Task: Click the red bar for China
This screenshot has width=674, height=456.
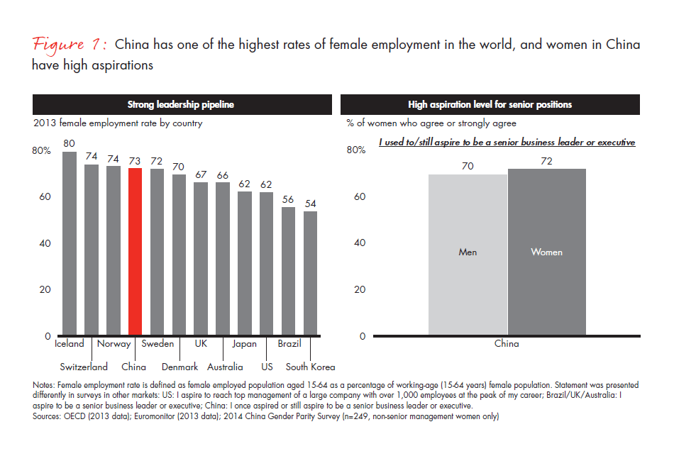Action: pos(135,252)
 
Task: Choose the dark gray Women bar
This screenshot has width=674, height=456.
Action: pos(547,252)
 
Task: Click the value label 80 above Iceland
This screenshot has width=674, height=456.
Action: pos(70,143)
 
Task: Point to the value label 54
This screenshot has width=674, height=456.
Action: pos(311,204)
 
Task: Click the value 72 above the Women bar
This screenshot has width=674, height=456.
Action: pos(546,161)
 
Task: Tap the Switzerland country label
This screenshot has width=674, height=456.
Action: pos(84,367)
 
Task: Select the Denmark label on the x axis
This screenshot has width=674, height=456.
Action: pos(179,367)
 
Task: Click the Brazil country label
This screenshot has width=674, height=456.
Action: pos(289,344)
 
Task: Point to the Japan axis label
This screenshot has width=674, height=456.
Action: pos(245,344)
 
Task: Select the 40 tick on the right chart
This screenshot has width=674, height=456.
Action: pos(360,243)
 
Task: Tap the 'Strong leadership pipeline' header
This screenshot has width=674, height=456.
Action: pos(181,105)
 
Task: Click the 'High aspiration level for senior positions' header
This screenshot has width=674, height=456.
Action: pos(490,105)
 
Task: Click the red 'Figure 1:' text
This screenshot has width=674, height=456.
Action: pos(69,45)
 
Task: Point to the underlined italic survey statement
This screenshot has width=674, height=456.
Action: pos(507,142)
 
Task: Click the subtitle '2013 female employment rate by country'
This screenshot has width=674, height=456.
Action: pos(118,123)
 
